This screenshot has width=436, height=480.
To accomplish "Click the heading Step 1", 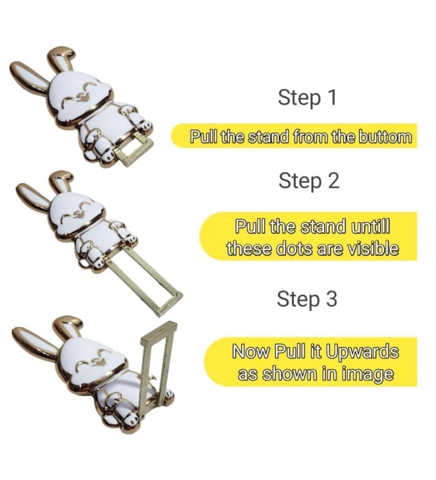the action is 307,97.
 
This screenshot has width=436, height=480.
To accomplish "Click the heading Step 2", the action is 308,181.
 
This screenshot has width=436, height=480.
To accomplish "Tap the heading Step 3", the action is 307,299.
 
